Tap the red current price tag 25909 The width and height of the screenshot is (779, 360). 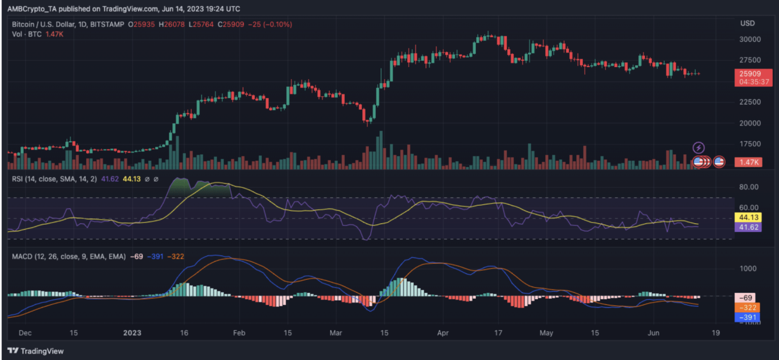tap(749, 74)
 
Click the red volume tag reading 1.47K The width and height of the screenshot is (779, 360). tap(749, 162)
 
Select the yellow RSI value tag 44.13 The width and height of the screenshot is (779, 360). tap(747, 218)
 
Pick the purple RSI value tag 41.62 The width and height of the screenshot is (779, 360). tap(747, 227)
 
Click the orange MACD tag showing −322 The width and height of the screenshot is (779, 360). tap(747, 308)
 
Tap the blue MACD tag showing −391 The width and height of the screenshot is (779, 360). tap(747, 317)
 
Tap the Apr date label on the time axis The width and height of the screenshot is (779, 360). tap(443, 333)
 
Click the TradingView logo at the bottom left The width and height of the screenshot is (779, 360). tap(36, 351)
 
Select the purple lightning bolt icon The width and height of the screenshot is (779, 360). tap(699, 148)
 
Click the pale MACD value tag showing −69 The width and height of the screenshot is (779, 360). tap(747, 298)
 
